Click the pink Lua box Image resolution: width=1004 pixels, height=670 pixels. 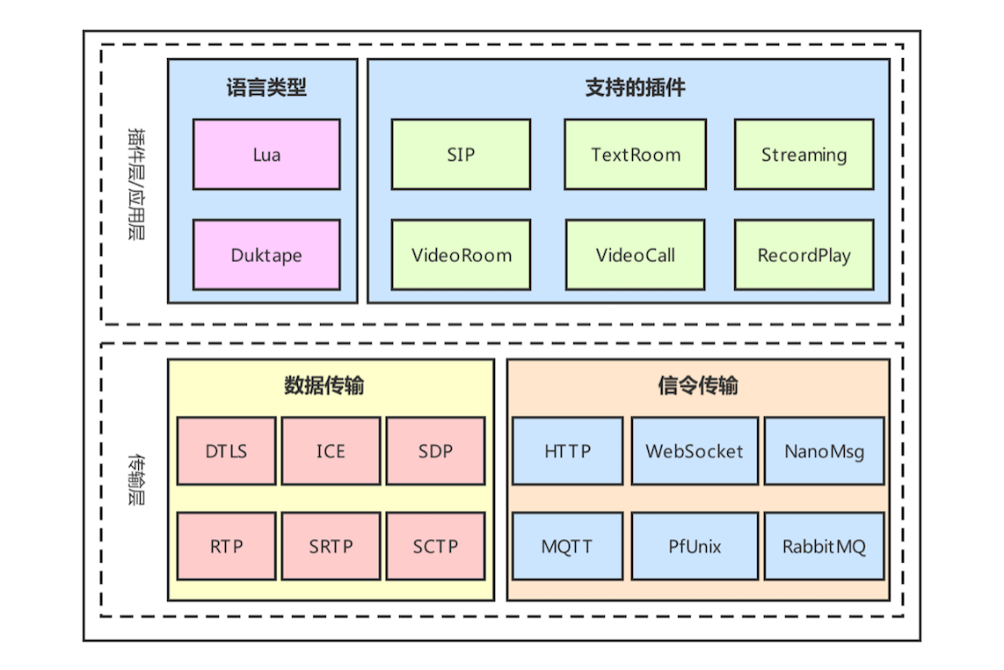(x=266, y=155)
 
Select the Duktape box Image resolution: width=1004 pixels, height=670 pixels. (x=266, y=255)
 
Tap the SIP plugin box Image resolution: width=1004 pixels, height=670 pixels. (x=461, y=155)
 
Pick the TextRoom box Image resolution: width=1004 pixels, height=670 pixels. (x=635, y=155)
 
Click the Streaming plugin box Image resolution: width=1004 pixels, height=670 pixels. (x=804, y=155)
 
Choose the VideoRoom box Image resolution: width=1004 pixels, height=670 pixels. (x=461, y=255)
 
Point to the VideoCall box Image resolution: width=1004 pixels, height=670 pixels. (x=635, y=255)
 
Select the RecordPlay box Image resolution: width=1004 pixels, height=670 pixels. (x=804, y=255)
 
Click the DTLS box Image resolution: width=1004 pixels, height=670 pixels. (x=226, y=451)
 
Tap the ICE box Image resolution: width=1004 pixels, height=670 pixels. (x=331, y=451)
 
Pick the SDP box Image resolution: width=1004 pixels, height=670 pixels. (x=435, y=451)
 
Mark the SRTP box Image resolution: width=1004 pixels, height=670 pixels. (x=331, y=546)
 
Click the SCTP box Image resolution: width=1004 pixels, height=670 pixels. (x=435, y=546)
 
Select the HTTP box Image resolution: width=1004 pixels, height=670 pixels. (x=567, y=451)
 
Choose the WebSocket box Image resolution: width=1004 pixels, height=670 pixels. (x=694, y=451)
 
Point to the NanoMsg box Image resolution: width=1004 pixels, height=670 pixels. (x=824, y=451)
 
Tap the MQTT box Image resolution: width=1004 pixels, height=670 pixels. (x=567, y=546)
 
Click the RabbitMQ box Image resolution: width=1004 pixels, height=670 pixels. (x=824, y=546)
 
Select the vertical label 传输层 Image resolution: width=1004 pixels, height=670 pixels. (x=136, y=479)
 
